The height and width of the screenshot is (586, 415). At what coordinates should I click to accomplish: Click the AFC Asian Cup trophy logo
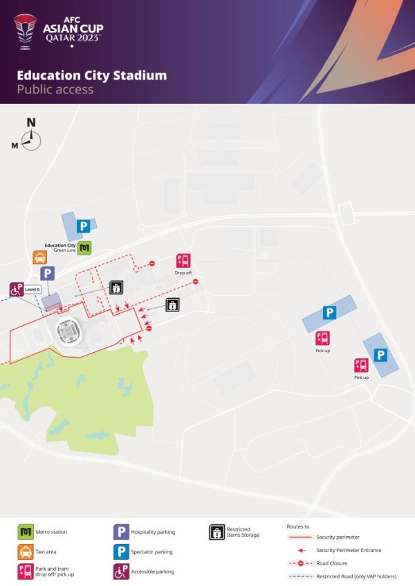point(24,31)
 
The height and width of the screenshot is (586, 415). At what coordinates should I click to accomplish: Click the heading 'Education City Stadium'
point(91,75)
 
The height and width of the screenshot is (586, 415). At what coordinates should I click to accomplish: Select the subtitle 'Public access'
point(55,89)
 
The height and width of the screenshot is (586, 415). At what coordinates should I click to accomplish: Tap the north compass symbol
point(31,138)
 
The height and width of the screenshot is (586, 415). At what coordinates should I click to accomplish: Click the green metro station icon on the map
point(84,247)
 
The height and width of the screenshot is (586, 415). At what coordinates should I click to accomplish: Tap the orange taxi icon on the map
point(40,257)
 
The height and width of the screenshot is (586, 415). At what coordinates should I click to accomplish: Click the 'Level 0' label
point(33,289)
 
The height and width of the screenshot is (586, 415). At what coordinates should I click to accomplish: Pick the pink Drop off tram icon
point(183,261)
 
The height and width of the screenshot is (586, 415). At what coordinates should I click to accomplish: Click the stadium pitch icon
point(69,331)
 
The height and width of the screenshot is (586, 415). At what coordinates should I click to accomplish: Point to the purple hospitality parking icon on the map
point(47,273)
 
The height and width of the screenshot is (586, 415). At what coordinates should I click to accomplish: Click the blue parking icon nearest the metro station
point(84,226)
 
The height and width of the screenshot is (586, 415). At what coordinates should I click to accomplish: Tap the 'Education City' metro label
point(60,246)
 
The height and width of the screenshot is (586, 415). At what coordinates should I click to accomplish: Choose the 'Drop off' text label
point(183,273)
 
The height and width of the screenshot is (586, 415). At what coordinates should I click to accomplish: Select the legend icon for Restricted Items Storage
point(216,532)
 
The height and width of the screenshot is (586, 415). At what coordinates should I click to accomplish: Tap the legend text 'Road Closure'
point(331,563)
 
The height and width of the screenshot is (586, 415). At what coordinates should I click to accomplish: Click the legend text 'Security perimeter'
point(338,537)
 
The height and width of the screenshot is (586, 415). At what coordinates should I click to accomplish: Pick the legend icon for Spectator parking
point(121,552)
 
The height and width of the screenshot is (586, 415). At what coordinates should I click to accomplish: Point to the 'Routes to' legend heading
point(298,527)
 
